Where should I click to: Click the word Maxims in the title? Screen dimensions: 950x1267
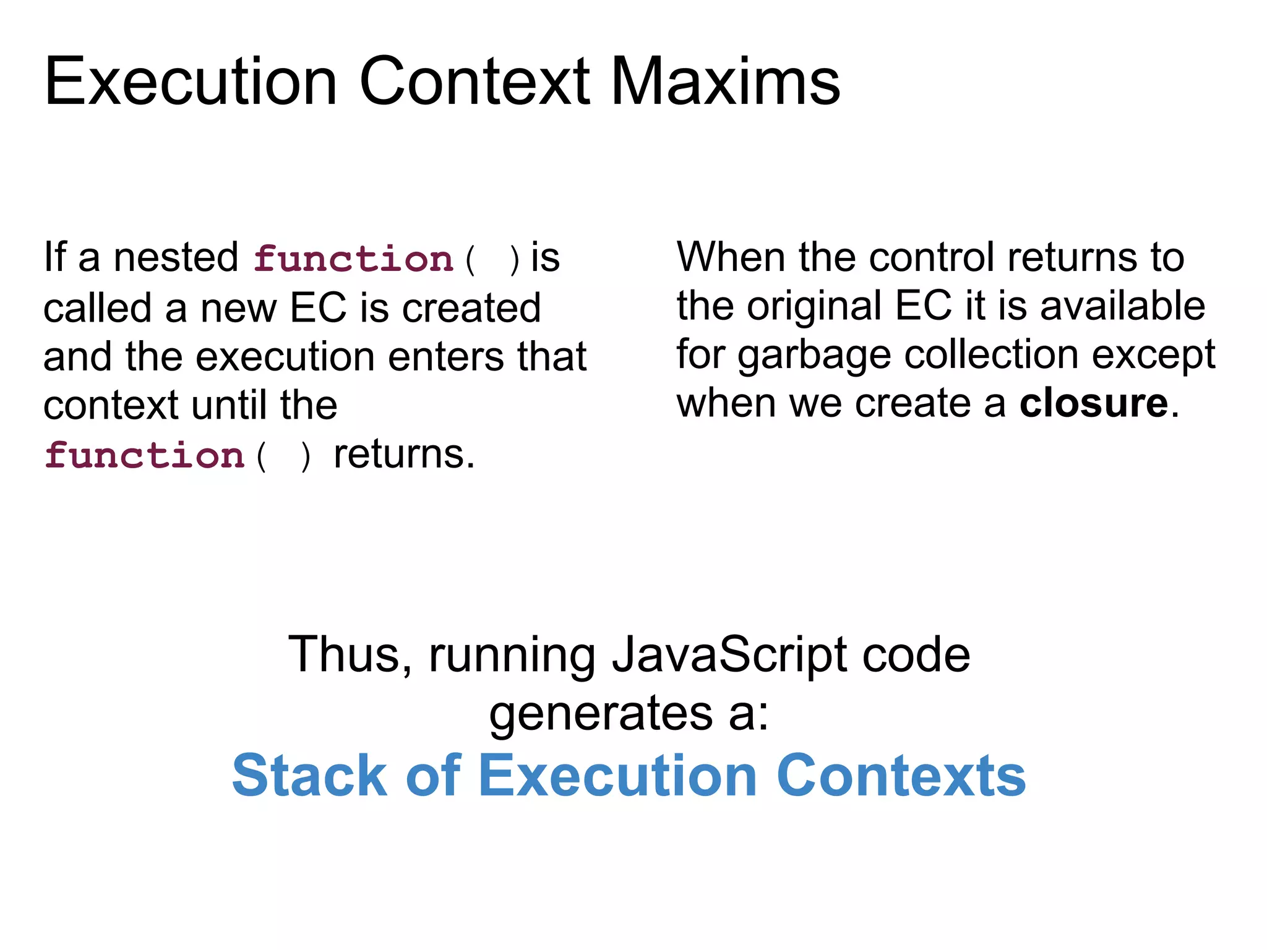(725, 82)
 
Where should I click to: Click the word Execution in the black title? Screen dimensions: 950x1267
(191, 82)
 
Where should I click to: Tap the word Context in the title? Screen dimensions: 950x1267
(475, 82)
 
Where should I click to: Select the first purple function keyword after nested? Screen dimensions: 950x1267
(354, 259)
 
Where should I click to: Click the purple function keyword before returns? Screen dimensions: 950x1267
(145, 456)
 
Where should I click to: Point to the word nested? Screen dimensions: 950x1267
(176, 257)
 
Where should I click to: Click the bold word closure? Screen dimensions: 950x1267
(1093, 403)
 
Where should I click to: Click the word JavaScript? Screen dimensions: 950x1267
(730, 654)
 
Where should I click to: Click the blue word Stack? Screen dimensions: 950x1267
(309, 776)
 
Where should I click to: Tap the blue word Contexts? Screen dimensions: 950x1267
(901, 776)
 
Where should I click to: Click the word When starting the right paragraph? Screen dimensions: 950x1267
(731, 257)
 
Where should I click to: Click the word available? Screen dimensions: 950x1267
(1122, 306)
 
